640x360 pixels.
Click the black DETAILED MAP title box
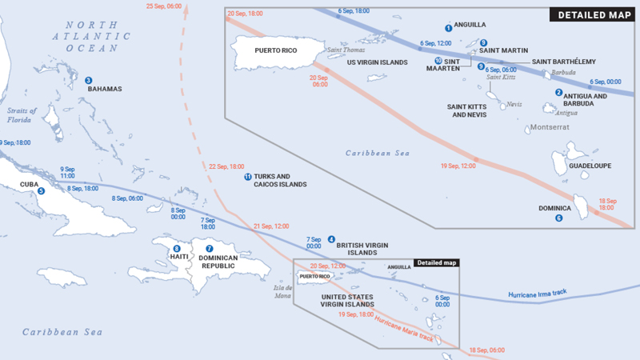[x=592, y=14]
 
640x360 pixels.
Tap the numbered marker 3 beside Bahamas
[x=88, y=81]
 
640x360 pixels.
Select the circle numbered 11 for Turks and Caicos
[x=248, y=177]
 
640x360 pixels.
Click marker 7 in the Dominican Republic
[x=210, y=249]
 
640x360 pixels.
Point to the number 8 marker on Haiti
[x=177, y=249]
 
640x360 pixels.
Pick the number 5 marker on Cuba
[x=41, y=191]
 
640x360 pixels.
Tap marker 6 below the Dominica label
[x=558, y=218]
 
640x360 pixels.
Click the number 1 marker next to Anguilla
[x=448, y=28]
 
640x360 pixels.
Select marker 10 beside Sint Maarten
[x=438, y=61]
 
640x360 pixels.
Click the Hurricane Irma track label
[x=537, y=294]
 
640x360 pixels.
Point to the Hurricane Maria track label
[x=404, y=329]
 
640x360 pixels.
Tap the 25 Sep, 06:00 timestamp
[x=164, y=6]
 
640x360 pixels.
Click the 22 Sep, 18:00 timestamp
[x=226, y=166]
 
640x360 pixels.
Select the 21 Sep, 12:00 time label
[x=271, y=226]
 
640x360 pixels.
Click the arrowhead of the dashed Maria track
[x=186, y=9]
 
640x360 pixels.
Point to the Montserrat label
[x=550, y=127]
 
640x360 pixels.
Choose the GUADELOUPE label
[x=590, y=166]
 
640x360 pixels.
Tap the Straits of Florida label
[x=22, y=115]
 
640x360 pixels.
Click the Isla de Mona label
[x=283, y=291]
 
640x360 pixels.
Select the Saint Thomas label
[x=346, y=50]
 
